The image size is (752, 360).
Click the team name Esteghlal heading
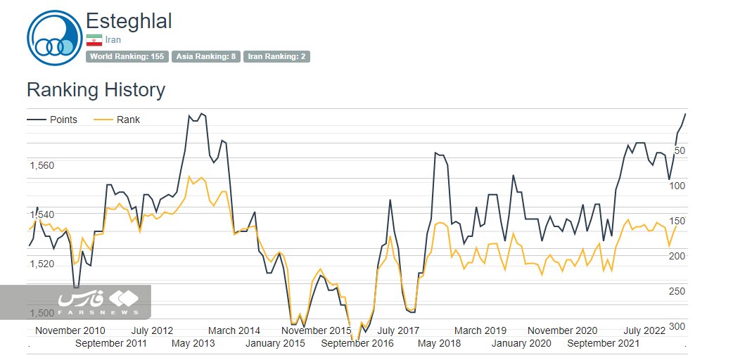(129, 21)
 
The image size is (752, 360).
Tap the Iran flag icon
(94, 40)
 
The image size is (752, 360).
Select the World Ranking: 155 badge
(127, 56)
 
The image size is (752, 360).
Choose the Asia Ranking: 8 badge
(206, 56)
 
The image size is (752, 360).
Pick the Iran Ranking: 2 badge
(276, 56)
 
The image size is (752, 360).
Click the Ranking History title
(96, 90)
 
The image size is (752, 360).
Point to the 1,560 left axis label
(42, 166)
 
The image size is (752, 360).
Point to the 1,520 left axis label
(42, 264)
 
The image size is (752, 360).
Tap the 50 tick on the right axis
(680, 150)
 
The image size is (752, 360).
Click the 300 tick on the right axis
(677, 327)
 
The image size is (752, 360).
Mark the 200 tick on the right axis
(677, 256)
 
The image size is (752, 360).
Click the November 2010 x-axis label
(70, 330)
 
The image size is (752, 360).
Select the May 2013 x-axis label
(193, 343)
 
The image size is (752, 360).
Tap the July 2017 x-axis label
(399, 330)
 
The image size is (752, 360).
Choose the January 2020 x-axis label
(521, 343)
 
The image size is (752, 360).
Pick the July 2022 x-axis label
(644, 330)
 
